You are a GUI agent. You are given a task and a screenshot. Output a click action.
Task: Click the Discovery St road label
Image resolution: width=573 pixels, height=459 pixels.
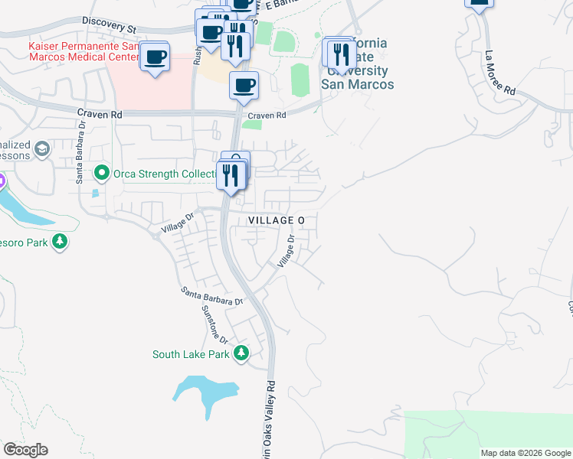click(107, 25)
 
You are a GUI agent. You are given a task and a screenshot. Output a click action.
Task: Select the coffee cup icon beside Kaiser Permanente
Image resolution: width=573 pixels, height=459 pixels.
click(155, 57)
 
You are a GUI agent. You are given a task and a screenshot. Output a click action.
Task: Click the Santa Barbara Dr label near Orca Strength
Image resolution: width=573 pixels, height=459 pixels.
click(78, 161)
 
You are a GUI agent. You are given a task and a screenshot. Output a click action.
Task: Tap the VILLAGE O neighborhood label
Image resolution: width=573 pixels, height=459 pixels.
click(277, 220)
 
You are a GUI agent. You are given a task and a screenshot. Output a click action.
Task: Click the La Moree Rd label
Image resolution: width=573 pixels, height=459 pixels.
click(499, 74)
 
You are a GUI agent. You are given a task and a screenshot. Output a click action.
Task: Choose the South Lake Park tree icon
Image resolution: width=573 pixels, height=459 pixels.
click(241, 353)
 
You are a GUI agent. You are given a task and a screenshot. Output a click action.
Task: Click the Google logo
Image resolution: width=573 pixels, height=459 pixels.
click(25, 450)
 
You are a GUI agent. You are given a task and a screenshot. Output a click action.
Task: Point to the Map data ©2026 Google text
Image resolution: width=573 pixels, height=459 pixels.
click(525, 453)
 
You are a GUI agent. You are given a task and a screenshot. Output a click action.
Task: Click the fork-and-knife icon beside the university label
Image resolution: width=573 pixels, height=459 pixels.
click(341, 54)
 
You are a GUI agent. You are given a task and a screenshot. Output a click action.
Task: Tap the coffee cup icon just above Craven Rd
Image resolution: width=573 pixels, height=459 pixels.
click(244, 85)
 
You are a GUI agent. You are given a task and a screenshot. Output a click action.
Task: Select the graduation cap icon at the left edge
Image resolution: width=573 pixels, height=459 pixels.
click(42, 148)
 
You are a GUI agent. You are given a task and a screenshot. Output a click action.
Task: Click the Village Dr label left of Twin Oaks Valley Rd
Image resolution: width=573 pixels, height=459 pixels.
click(179, 223)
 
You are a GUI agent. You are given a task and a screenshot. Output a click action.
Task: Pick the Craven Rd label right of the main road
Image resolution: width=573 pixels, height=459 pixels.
click(270, 115)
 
